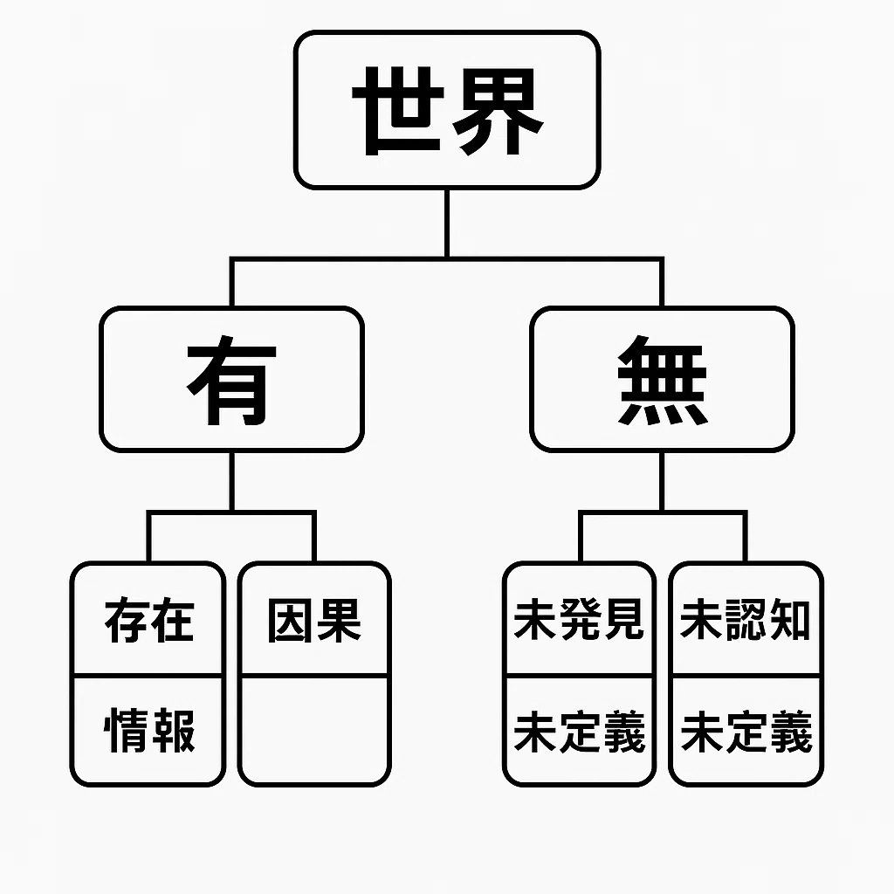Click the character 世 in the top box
[x=398, y=111]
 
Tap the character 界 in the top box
[x=498, y=111]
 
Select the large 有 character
[x=231, y=380]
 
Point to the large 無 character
[x=662, y=380]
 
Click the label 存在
[x=148, y=620]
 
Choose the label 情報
[x=148, y=731]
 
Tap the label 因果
[x=314, y=621]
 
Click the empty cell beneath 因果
[x=314, y=731]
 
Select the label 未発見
[x=580, y=619]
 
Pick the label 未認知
[x=746, y=619]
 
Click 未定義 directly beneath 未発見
[x=580, y=731]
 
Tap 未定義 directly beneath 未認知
[x=746, y=731]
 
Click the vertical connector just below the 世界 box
[x=447, y=223]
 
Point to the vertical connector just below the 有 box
[x=231, y=481]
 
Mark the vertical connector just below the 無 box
[x=662, y=481]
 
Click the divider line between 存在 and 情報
[x=148, y=676]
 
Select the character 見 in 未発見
[x=624, y=619]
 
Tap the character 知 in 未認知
[x=789, y=619]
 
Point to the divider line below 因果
[x=314, y=676]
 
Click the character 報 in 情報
[x=173, y=731]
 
